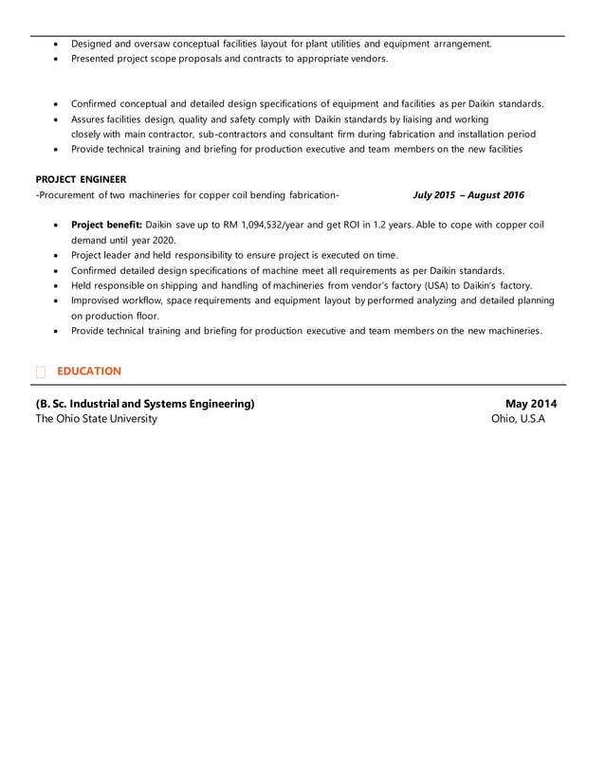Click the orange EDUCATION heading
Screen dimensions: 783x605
[x=88, y=371]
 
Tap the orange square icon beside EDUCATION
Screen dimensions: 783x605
[x=41, y=372]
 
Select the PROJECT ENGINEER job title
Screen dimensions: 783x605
[x=81, y=179]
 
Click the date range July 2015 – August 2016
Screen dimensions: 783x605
[x=468, y=195]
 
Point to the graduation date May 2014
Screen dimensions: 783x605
[x=531, y=404]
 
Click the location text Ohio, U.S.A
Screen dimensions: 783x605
[x=518, y=419]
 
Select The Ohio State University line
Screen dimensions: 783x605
[x=97, y=419]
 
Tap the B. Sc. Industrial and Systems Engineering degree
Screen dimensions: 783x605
[x=145, y=404]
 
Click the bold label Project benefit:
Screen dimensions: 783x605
[x=106, y=225]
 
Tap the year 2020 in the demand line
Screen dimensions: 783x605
[x=164, y=240]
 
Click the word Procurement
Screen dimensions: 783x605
[x=68, y=195]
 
